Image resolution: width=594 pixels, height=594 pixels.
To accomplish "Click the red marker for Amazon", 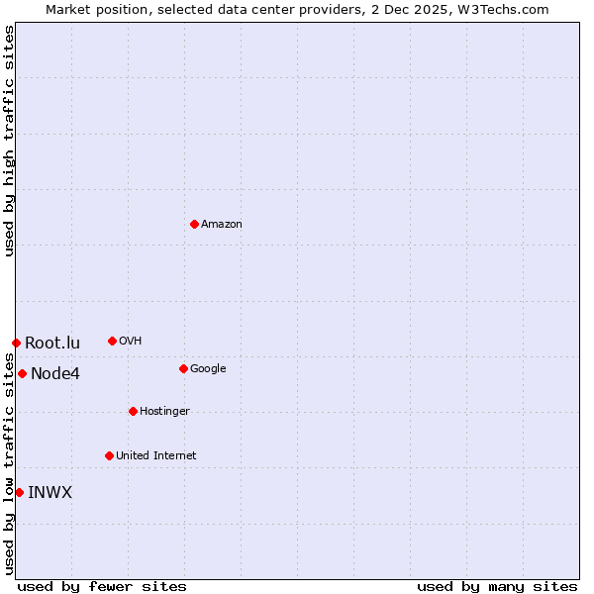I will (194, 224).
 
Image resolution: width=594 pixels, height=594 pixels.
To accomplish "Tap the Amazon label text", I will (222, 225).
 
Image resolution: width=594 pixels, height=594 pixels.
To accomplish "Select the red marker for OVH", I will (112, 341).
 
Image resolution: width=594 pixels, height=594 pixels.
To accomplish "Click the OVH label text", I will (131, 342).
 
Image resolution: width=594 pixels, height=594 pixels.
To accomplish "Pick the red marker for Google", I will (183, 368).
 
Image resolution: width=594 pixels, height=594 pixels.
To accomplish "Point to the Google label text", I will (208, 369).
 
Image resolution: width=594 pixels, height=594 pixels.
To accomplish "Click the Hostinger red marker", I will (133, 411).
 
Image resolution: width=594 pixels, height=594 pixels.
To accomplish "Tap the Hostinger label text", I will (164, 412).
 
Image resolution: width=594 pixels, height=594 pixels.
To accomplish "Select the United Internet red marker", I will (109, 455).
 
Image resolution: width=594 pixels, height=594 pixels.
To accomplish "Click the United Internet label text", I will (156, 456).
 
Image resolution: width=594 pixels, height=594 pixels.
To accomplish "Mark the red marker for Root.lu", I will (16, 343).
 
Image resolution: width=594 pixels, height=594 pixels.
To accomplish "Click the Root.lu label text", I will (52, 344).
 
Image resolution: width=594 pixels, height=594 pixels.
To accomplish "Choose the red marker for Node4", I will (22, 373).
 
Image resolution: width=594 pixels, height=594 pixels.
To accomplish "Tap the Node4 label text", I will (55, 374).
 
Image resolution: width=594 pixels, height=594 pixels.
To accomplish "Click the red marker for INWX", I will (19, 492).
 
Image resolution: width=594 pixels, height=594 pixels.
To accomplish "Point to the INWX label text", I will (49, 493).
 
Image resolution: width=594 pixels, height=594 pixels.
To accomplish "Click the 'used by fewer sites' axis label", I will (102, 587).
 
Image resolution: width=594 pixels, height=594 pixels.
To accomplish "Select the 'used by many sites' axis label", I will (497, 587).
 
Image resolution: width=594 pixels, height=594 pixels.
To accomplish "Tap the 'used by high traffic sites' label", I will (9, 141).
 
